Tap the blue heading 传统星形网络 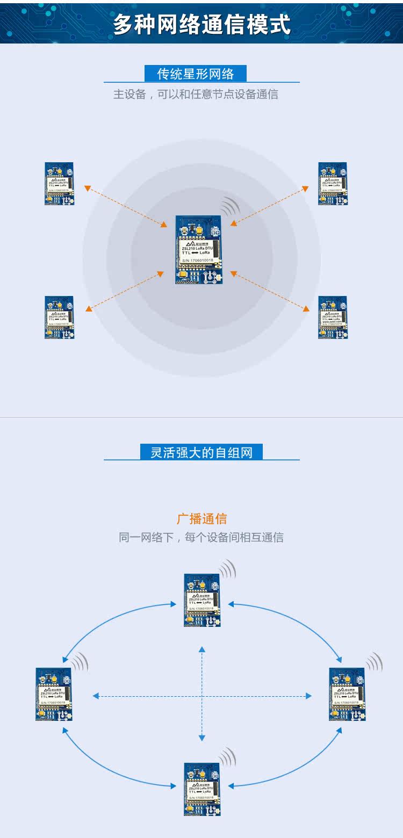(x=196, y=74)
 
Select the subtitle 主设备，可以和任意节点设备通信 (x=196, y=95)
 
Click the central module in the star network (x=198, y=249)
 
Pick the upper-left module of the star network (x=59, y=183)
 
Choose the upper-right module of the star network (x=333, y=183)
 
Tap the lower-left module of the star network (x=59, y=317)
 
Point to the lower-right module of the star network (x=333, y=317)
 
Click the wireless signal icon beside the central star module (x=230, y=206)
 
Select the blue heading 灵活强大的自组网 (x=201, y=452)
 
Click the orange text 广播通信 (x=201, y=519)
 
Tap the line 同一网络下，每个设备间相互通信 (x=201, y=537)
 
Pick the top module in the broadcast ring (x=202, y=600)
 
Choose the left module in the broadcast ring (x=54, y=694)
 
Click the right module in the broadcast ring (x=347, y=694)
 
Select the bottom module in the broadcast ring (x=202, y=789)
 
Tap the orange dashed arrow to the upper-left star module (x=125, y=206)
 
